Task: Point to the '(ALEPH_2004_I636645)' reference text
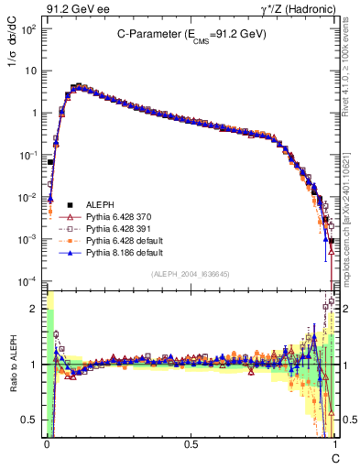191,274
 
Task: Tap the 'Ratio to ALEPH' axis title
13,377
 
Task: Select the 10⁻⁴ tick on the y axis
29,280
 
